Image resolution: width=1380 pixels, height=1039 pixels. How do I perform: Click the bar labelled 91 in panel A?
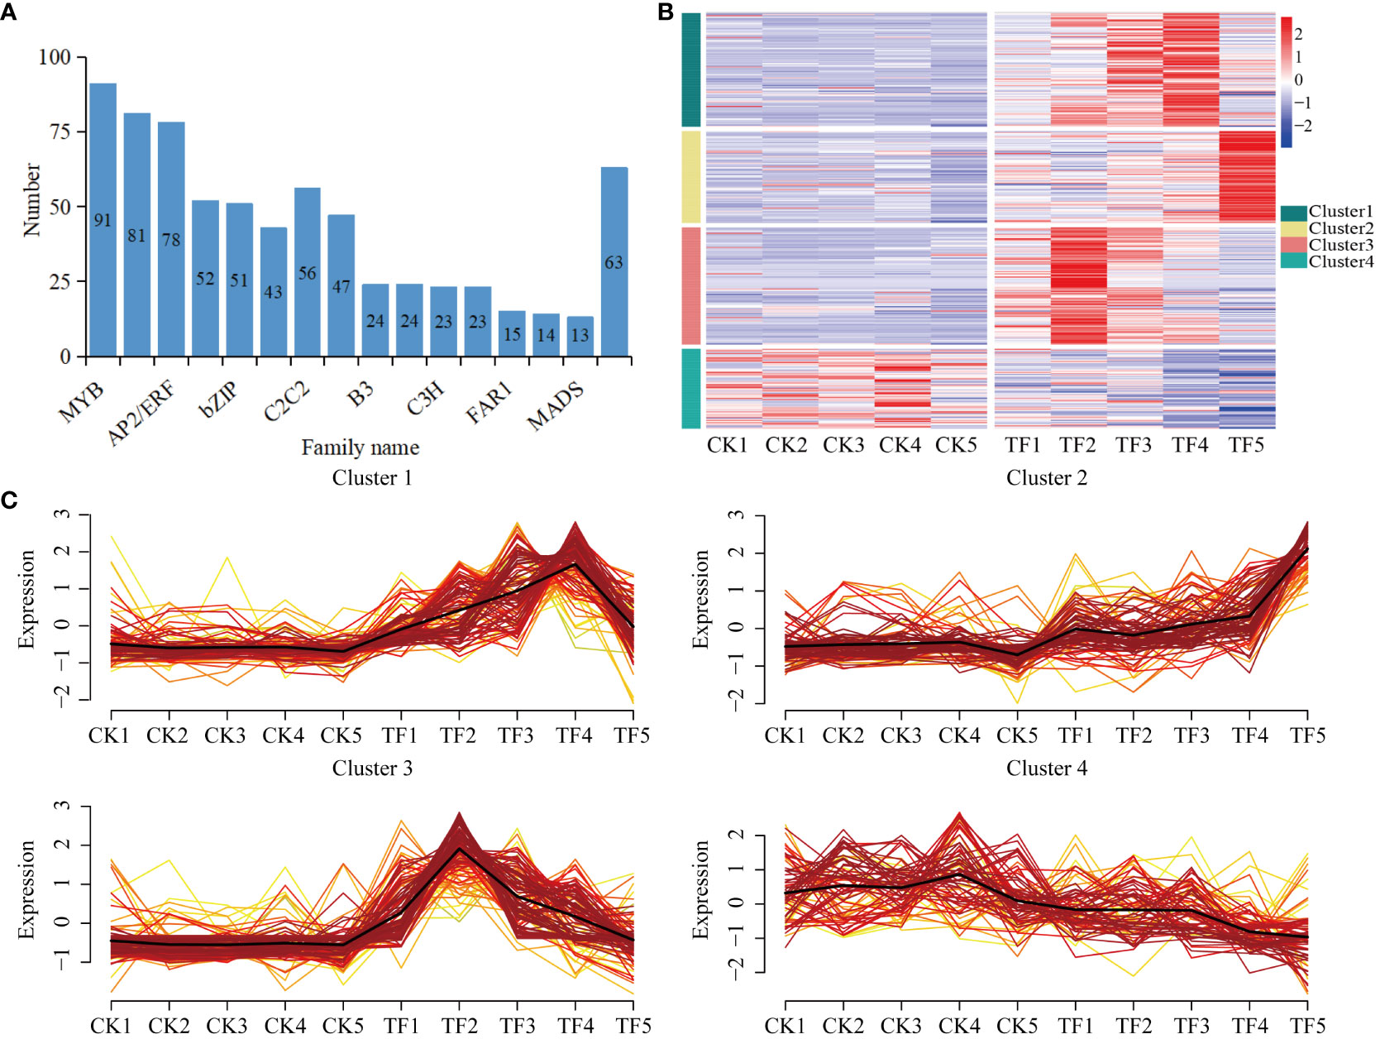(103, 219)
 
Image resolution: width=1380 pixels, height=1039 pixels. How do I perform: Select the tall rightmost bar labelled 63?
(614, 261)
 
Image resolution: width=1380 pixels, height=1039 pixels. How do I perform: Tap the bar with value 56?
(307, 272)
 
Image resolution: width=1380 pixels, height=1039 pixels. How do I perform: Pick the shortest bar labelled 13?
(580, 336)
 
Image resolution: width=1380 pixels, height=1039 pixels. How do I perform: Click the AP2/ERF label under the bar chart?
(141, 414)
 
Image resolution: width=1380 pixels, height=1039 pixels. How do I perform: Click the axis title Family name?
(360, 448)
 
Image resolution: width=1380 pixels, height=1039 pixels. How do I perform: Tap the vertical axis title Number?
(31, 199)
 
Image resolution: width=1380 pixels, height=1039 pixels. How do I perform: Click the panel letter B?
(666, 12)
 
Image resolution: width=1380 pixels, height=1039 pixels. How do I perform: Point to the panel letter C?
(9, 500)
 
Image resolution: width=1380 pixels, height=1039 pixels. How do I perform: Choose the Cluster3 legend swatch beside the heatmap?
(1293, 246)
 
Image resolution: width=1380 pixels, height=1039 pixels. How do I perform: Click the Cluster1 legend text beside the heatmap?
(1340, 212)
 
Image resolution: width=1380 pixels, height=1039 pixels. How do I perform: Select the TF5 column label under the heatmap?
(1246, 445)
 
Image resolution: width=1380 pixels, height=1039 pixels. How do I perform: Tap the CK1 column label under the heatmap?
(727, 445)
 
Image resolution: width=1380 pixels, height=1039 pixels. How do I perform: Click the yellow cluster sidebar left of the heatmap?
(691, 176)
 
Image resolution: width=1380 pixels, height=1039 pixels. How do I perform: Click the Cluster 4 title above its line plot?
(1046, 768)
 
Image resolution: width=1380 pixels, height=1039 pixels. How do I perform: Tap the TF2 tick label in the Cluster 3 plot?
(459, 1026)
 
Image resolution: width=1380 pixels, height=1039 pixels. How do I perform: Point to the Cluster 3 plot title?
(372, 768)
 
